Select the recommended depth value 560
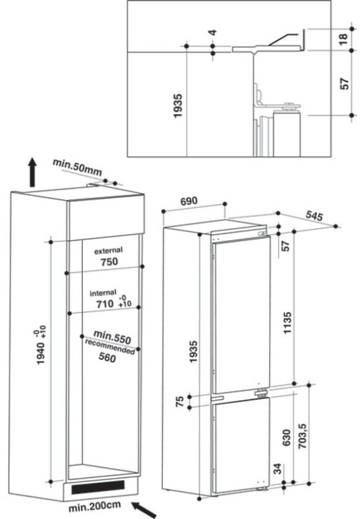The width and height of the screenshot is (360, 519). tap(105, 359)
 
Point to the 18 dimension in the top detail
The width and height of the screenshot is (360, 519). tap(344, 40)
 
